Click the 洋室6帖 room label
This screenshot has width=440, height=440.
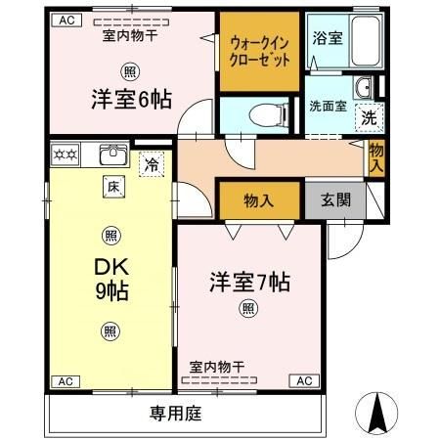[130, 98]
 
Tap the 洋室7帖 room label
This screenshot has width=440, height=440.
[248, 284]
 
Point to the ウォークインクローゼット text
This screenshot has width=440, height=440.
[258, 51]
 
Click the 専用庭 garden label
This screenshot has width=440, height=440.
[176, 413]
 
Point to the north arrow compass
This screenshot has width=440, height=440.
[379, 415]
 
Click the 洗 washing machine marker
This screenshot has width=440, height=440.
[368, 116]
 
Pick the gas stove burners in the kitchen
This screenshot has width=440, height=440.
[65, 154]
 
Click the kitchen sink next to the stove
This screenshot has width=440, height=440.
[110, 154]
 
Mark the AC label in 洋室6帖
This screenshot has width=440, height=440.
[66, 20]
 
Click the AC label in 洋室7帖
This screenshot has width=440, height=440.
[303, 380]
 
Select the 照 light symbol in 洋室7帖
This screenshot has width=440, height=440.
[248, 309]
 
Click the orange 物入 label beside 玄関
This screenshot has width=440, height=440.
[257, 200]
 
